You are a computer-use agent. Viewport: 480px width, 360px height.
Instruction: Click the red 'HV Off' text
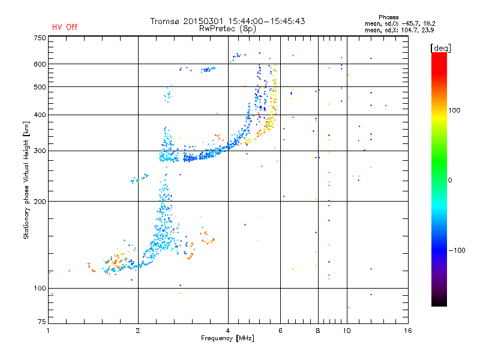(x=65, y=27)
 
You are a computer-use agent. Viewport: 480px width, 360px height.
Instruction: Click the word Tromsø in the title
(x=166, y=21)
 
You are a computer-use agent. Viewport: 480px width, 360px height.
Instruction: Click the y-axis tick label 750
(x=39, y=37)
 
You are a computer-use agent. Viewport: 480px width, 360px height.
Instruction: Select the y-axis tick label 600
(x=39, y=64)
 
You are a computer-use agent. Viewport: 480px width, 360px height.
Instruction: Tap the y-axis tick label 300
(x=39, y=151)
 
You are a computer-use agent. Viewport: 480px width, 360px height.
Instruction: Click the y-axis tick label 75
(x=41, y=321)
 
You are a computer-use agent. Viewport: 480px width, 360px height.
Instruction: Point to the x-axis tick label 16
(x=407, y=331)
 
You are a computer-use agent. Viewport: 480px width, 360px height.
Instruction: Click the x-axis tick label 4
(x=228, y=331)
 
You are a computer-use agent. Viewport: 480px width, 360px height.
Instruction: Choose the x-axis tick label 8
(x=318, y=331)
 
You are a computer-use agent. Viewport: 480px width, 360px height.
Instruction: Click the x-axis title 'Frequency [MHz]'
(x=227, y=339)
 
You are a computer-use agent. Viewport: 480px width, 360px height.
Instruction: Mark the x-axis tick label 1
(x=48, y=331)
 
